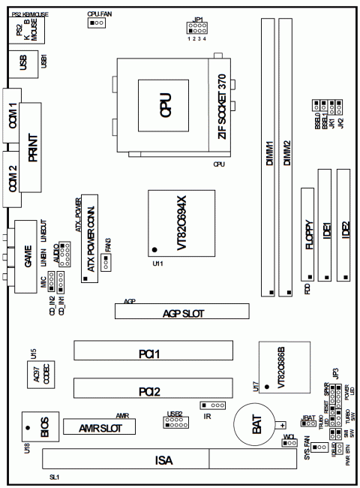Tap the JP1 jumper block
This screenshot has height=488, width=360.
[x=197, y=28]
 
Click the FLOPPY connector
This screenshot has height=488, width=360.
[x=308, y=233]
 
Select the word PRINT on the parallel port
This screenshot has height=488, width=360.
[x=34, y=146]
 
